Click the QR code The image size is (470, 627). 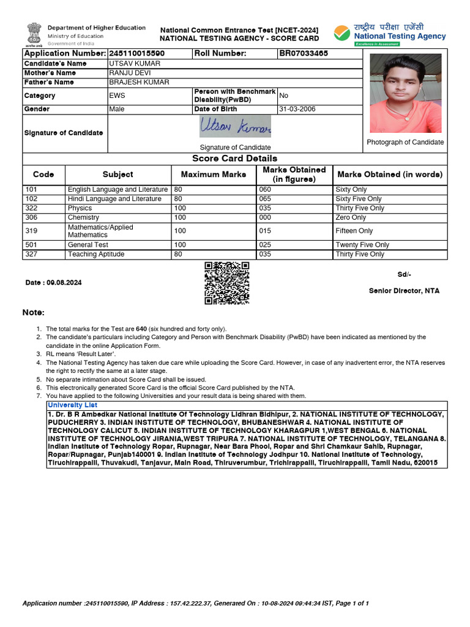(x=226, y=283)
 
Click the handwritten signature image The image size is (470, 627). (x=235, y=127)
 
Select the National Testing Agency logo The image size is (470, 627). (x=390, y=34)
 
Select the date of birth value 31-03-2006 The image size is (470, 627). (x=297, y=109)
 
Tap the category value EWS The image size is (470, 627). (x=117, y=96)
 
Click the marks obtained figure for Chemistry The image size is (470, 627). (x=265, y=217)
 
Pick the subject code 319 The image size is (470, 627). (x=31, y=231)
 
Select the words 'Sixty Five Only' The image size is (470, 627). (x=358, y=199)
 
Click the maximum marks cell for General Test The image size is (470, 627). (x=180, y=245)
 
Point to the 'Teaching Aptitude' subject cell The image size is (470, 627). (x=96, y=254)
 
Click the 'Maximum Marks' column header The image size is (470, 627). (x=214, y=175)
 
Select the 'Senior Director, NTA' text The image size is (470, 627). (x=403, y=291)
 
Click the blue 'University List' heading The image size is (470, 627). (x=72, y=405)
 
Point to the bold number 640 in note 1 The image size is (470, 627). (x=141, y=329)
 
